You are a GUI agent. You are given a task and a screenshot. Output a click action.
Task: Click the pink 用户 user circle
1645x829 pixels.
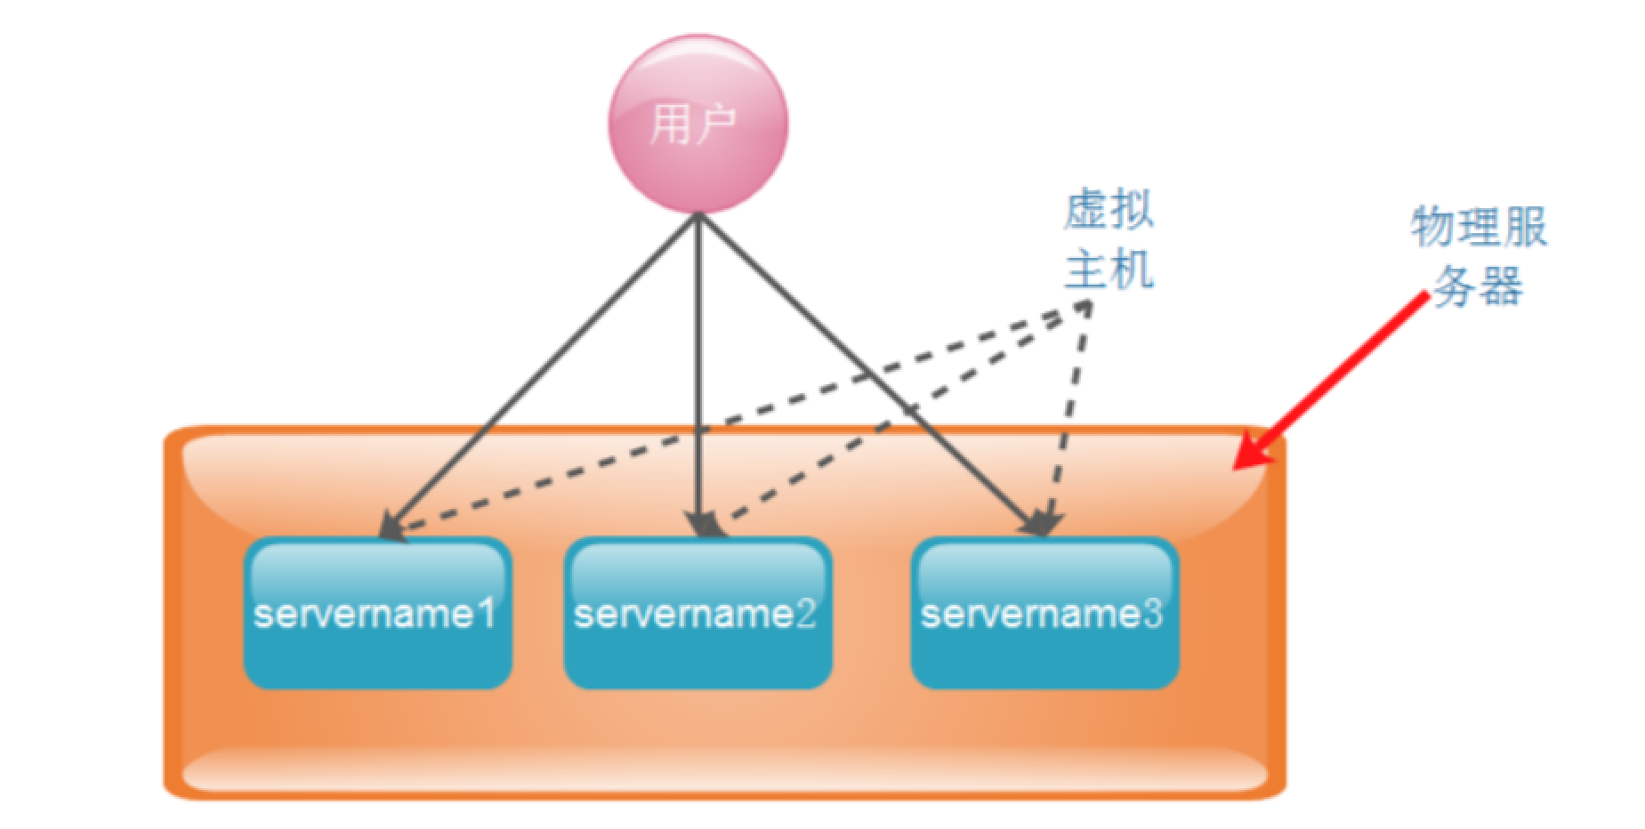tap(698, 124)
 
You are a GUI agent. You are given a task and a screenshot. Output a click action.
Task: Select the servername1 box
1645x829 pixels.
tap(378, 613)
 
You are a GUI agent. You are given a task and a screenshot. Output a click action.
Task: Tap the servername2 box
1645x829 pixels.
tap(698, 613)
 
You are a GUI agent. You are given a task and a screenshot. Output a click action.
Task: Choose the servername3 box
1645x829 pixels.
tap(1045, 613)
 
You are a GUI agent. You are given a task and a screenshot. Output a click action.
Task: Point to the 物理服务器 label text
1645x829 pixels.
tap(1479, 256)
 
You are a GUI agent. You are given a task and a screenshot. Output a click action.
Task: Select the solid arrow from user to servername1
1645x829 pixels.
tap(539, 376)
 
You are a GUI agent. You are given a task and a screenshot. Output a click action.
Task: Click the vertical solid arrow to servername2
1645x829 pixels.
tap(699, 374)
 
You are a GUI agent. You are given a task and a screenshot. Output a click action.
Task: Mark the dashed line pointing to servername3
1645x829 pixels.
tap(1068, 418)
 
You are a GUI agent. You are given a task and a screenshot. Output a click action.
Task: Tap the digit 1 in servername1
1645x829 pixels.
tap(486, 613)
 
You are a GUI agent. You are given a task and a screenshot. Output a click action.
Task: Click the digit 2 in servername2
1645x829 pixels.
tap(805, 613)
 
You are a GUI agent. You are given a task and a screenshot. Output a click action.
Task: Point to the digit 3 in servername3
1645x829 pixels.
tap(1152, 613)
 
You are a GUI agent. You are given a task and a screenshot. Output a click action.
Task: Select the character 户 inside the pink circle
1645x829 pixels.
tap(715, 124)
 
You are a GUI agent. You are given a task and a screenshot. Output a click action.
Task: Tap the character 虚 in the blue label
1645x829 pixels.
tap(1086, 210)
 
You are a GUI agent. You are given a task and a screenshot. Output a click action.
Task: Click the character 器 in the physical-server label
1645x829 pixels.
tap(1502, 286)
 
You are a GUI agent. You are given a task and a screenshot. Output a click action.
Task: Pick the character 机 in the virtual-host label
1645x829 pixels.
tap(1133, 269)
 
